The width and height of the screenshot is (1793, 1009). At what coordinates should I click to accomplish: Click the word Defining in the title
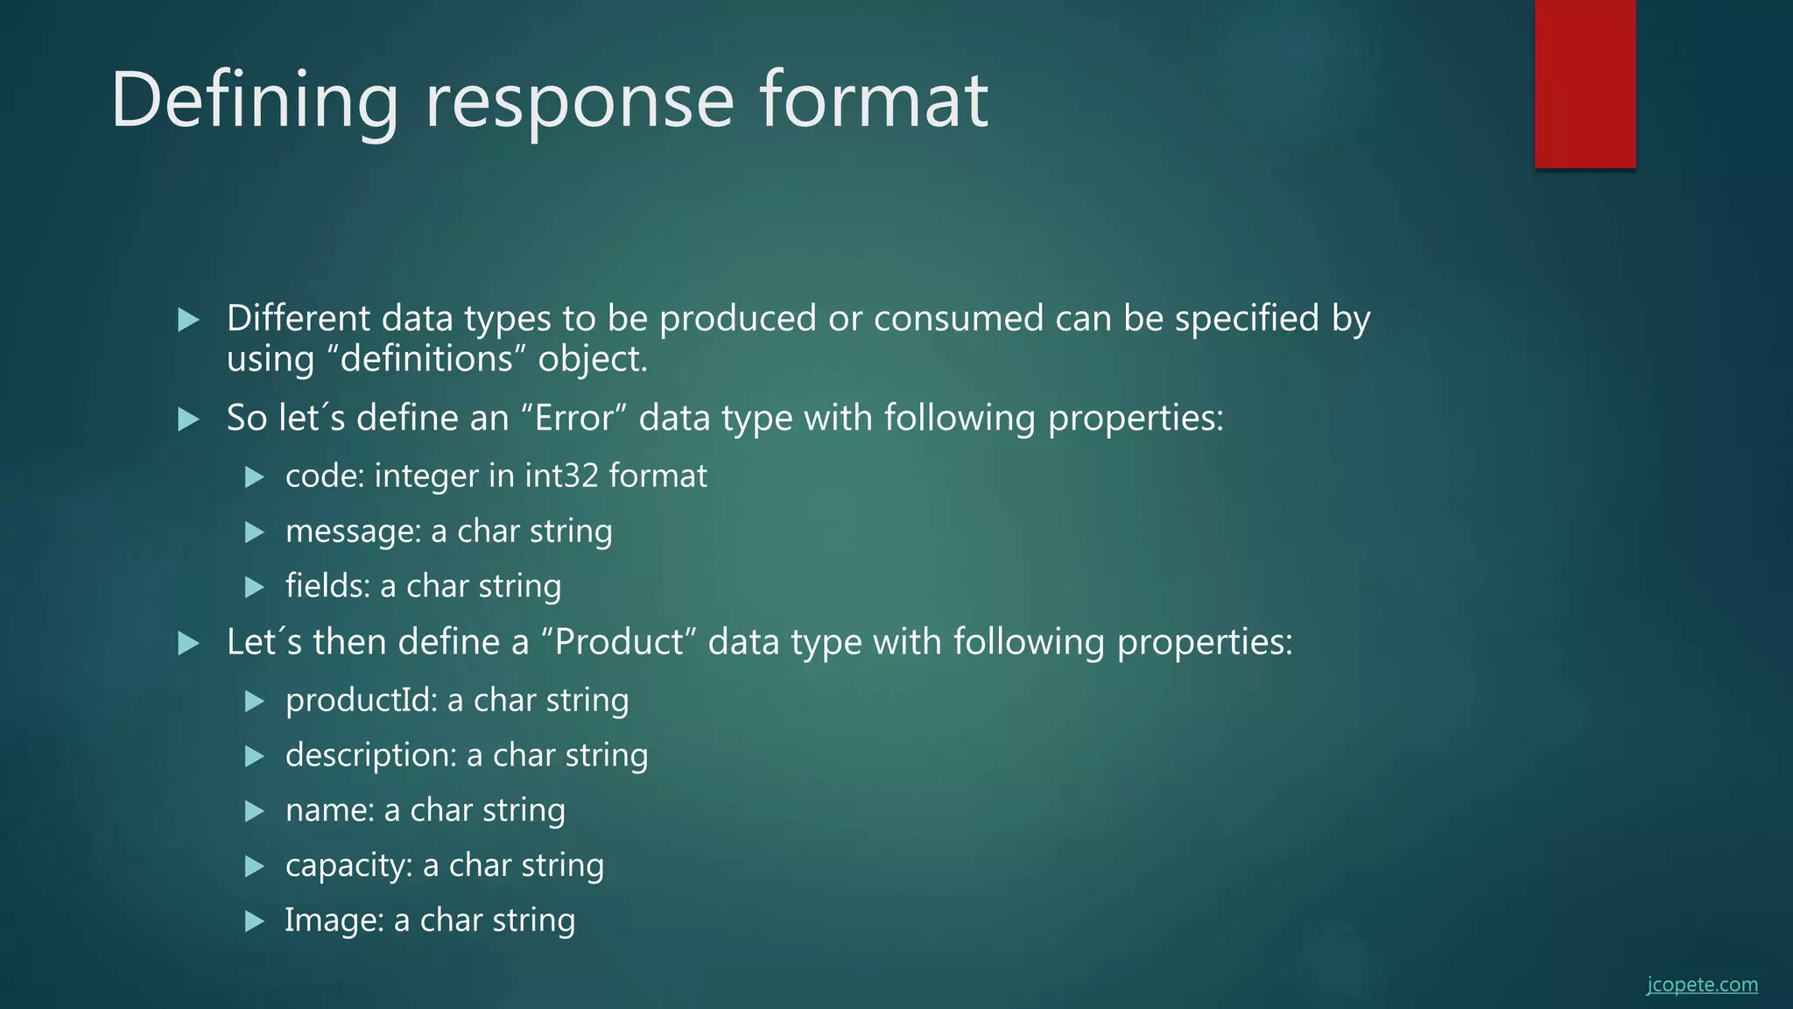254,101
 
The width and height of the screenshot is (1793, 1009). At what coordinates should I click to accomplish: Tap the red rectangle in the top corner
1585,83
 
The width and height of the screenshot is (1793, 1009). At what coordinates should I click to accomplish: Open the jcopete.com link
1701,984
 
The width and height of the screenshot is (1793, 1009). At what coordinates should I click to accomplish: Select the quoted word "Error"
574,418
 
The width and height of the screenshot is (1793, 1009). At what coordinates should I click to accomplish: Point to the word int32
561,476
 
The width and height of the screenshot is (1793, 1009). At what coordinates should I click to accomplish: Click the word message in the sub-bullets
353,532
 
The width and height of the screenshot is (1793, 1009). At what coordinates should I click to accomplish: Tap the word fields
327,586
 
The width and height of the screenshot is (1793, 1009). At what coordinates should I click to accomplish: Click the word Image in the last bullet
334,921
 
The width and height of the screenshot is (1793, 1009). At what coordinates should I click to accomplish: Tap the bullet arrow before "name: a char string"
255,811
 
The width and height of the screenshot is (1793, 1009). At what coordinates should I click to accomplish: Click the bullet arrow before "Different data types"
188,320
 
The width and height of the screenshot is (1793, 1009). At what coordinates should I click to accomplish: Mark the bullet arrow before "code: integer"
255,477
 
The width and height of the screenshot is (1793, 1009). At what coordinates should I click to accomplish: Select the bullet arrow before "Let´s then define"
188,644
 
